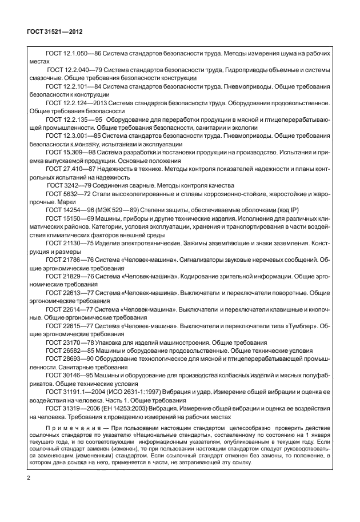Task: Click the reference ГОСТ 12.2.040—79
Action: click(x=71, y=70)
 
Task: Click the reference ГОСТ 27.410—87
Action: click(x=66, y=169)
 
